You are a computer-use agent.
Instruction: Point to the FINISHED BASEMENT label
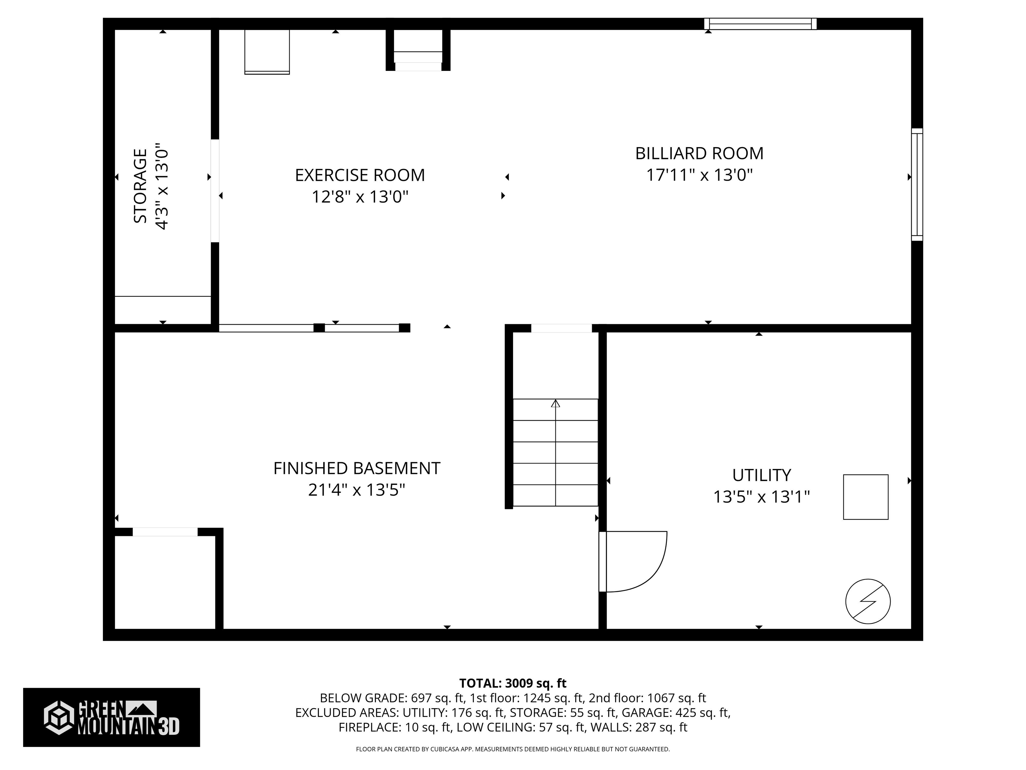[356, 468]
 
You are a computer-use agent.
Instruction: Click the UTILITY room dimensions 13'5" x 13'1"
[761, 497]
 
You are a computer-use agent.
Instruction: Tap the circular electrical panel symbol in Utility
[868, 602]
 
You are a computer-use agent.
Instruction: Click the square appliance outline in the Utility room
[865, 497]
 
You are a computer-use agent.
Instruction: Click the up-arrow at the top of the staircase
[555, 403]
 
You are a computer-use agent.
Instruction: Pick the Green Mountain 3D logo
[111, 717]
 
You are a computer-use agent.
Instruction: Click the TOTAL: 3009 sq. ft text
[513, 683]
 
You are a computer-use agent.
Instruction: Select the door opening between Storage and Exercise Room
[215, 191]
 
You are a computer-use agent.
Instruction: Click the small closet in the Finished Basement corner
[165, 583]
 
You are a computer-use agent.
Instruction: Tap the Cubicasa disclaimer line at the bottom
[513, 749]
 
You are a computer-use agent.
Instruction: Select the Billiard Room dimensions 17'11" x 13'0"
[699, 175]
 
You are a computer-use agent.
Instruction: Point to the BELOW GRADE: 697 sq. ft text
[392, 698]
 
